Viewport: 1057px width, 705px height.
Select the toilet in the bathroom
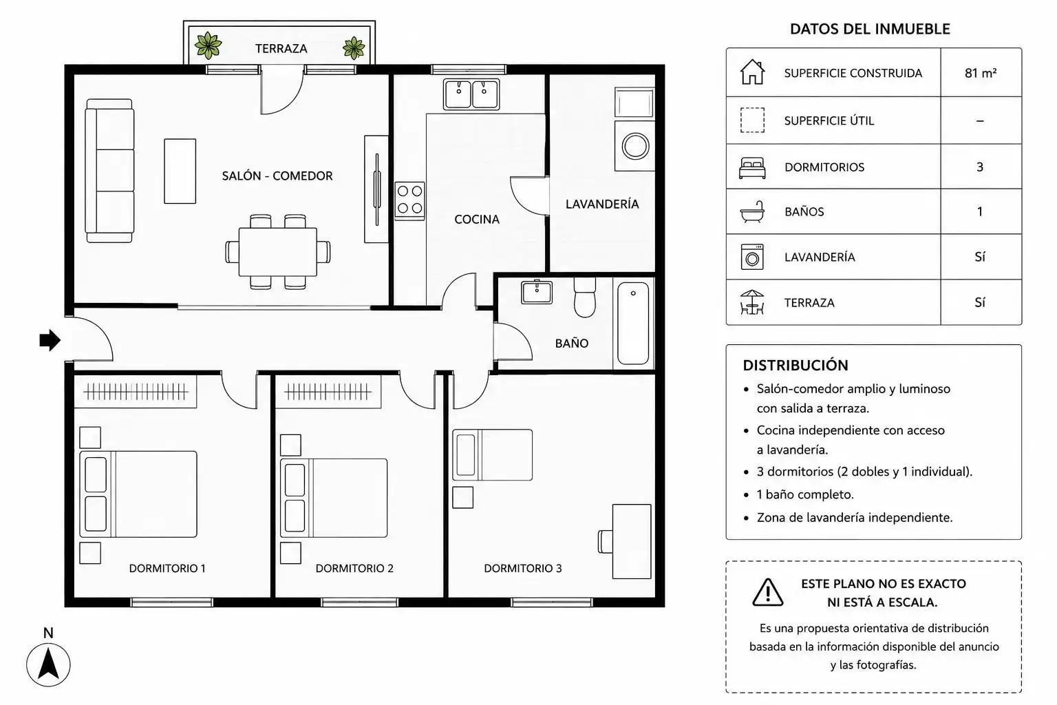pyautogui.click(x=585, y=297)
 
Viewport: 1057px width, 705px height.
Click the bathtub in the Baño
pyautogui.click(x=633, y=324)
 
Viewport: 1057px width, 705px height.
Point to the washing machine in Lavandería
pyautogui.click(x=634, y=146)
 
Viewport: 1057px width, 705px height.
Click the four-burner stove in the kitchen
pyautogui.click(x=409, y=200)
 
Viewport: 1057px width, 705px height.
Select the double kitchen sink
pyautogui.click(x=471, y=94)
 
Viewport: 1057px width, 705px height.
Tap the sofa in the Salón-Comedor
pyautogui.click(x=109, y=171)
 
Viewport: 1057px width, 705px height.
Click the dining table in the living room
pyautogui.click(x=278, y=252)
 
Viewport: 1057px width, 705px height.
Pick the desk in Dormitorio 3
pyautogui.click(x=631, y=541)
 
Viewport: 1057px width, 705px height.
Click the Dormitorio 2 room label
pyautogui.click(x=354, y=568)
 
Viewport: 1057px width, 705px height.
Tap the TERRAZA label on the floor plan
pyautogui.click(x=281, y=48)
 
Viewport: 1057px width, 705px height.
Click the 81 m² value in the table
pyautogui.click(x=981, y=73)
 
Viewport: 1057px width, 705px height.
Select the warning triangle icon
pyautogui.click(x=768, y=592)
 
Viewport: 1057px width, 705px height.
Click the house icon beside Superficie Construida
pyautogui.click(x=752, y=72)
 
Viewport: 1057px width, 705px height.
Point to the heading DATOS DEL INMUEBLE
pyautogui.click(x=870, y=29)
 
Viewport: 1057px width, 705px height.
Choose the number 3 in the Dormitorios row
pyautogui.click(x=980, y=167)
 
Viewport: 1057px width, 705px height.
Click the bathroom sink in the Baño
pyautogui.click(x=537, y=293)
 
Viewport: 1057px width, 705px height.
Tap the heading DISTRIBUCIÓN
pyautogui.click(x=796, y=365)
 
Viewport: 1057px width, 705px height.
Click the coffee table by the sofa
pyautogui.click(x=180, y=171)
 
